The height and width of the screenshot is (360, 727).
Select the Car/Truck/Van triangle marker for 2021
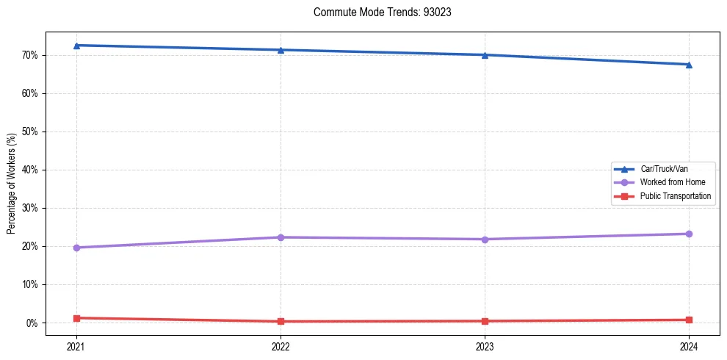pyautogui.click(x=76, y=46)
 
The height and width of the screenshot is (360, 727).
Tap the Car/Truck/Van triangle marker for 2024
pyautogui.click(x=689, y=65)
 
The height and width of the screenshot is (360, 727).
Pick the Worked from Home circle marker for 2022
pyautogui.click(x=281, y=237)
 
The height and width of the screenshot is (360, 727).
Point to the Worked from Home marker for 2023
pyautogui.click(x=485, y=240)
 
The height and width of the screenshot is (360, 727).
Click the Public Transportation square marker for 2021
pyautogui.click(x=76, y=318)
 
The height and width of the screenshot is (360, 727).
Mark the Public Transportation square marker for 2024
pyautogui.click(x=689, y=320)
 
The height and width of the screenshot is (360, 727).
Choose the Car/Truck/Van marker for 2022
pyautogui.click(x=281, y=50)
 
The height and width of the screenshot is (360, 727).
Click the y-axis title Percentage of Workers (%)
pyautogui.click(x=11, y=183)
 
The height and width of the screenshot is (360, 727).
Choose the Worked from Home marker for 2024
pyautogui.click(x=689, y=234)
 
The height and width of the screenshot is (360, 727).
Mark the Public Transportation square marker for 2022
pyautogui.click(x=281, y=321)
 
